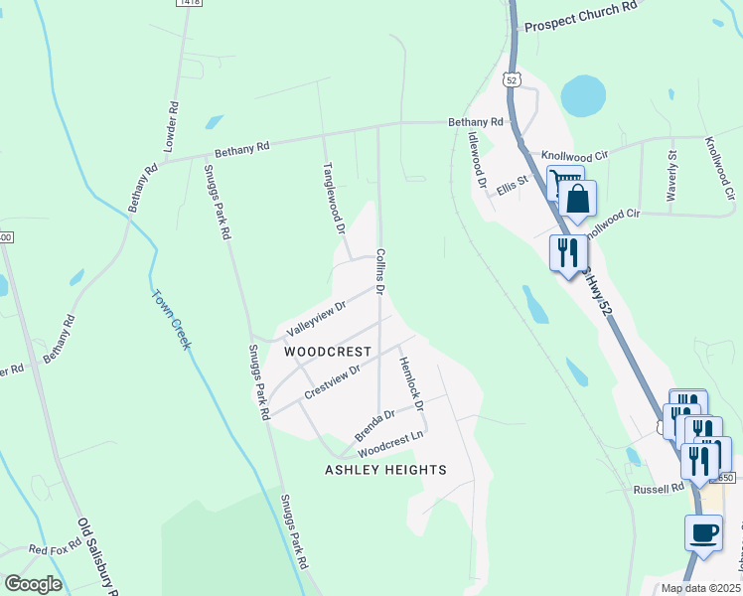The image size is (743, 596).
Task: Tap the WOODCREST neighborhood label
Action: point(328,352)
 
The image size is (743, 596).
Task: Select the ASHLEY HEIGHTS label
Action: point(385,470)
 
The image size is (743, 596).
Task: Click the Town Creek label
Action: point(171,319)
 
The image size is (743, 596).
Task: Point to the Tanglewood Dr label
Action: point(332,199)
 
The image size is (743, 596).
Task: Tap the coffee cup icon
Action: point(703,532)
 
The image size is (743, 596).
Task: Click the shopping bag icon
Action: point(577,199)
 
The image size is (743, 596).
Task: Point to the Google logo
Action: point(33,585)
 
